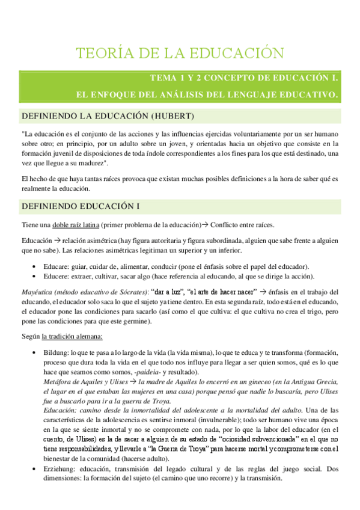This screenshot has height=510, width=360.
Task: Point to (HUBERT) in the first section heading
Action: coord(172,115)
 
